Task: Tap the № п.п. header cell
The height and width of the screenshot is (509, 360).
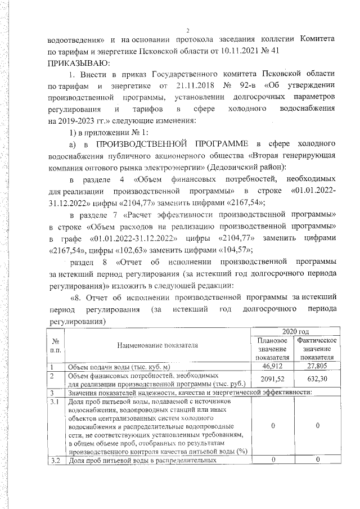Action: (56, 345)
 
